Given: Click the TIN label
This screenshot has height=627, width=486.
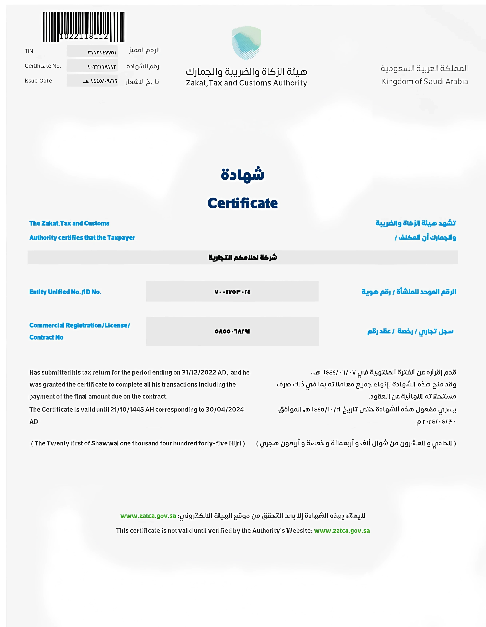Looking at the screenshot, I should click(x=29, y=51).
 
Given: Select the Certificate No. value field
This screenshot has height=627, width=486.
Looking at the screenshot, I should click(x=92, y=66).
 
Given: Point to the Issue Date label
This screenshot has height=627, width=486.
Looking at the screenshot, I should click(x=38, y=81).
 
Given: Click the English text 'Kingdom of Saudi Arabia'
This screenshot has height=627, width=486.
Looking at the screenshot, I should click(x=424, y=82).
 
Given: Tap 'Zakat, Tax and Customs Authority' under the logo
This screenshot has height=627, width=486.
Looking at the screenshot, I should click(x=246, y=83).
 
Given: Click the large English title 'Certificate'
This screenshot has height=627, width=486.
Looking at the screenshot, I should click(x=243, y=203).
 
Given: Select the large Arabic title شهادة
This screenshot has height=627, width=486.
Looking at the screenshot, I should click(x=243, y=174).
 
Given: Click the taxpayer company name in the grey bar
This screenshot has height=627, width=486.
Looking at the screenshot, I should click(x=243, y=257).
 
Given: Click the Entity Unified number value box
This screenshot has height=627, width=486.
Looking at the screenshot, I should click(x=232, y=292).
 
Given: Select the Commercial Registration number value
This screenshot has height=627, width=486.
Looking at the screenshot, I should click(x=232, y=331).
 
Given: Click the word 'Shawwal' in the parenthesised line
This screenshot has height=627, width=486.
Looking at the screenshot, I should click(x=105, y=443).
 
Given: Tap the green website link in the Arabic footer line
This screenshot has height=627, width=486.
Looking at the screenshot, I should click(x=148, y=516).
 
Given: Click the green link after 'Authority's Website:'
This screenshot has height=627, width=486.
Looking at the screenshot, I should click(x=342, y=531).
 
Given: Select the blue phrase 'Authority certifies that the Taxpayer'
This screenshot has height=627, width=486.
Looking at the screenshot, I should click(x=82, y=238).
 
